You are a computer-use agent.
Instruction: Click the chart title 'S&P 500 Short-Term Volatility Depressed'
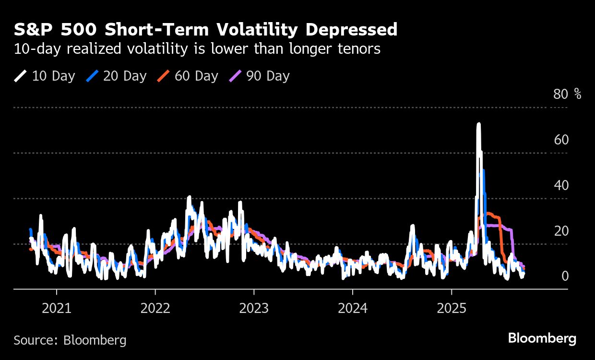pos(205,30)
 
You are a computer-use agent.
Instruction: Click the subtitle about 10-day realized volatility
pos(197,49)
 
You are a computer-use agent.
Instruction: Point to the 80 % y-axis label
pos(567,94)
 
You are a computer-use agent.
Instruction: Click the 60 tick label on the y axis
pos(561,140)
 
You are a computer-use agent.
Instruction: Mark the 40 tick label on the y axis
pos(561,185)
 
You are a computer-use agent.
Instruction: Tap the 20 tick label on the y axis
pos(561,231)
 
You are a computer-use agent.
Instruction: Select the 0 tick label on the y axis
pos(565,276)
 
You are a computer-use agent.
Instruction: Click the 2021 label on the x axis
pos(57,308)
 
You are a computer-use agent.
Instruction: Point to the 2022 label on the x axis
pos(155,308)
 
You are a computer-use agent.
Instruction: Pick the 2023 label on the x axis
pos(254,308)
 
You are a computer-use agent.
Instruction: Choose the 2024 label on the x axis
pos(353,308)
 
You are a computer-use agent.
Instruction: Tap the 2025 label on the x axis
pos(451,308)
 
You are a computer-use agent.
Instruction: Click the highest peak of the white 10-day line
pos(478,124)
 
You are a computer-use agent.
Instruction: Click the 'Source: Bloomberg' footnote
pos(70,340)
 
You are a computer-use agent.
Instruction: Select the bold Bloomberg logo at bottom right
pos(542,338)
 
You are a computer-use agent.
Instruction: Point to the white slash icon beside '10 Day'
pos(20,76)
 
